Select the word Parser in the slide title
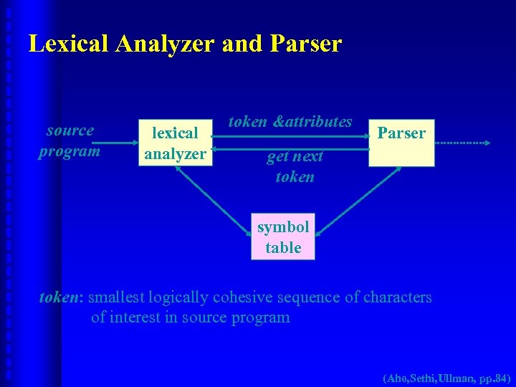pyautogui.click(x=306, y=44)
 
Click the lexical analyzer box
pyautogui.click(x=176, y=143)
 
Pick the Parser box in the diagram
pyautogui.click(x=401, y=142)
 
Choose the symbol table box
pyautogui.click(x=282, y=237)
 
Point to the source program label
pyautogui.click(x=70, y=140)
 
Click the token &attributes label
pyautogui.click(x=290, y=122)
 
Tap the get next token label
pyautogui.click(x=295, y=166)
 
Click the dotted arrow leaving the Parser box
pyautogui.click(x=462, y=143)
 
